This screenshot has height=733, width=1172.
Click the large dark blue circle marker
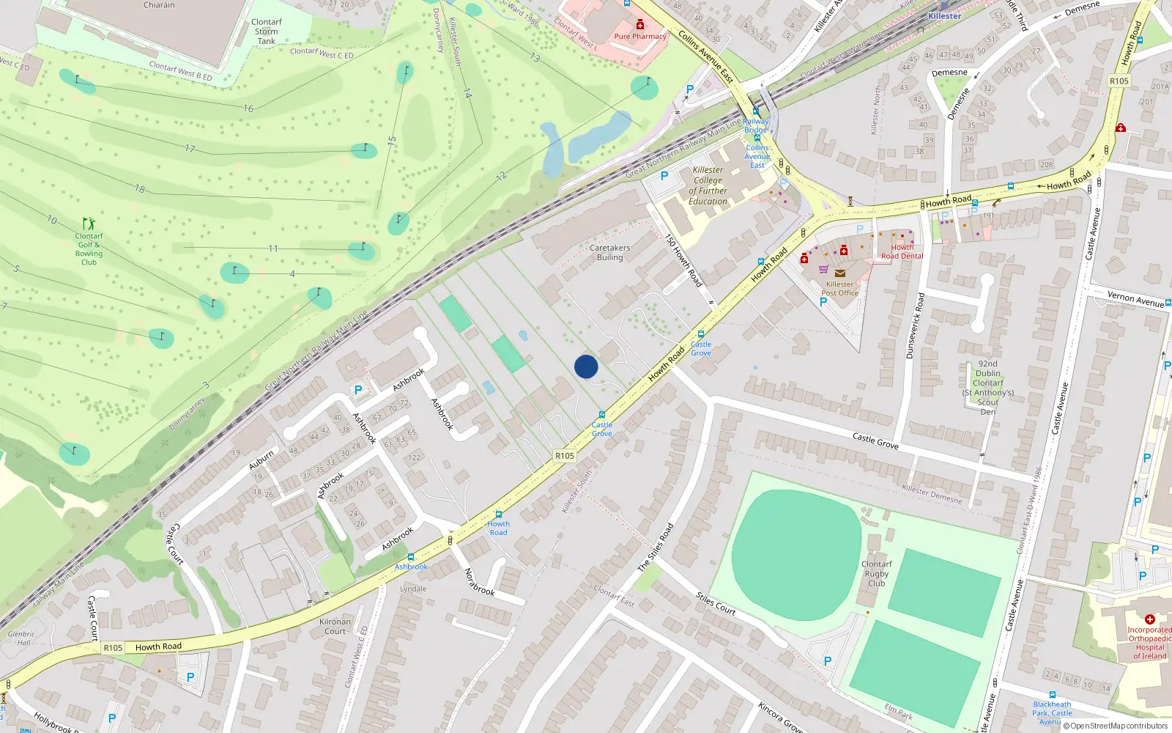[x=586, y=366]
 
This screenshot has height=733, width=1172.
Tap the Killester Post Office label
[x=839, y=289]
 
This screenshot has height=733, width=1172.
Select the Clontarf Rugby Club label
[x=877, y=574]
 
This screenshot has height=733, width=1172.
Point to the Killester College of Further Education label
[x=708, y=185]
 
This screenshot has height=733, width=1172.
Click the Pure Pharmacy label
[x=640, y=36]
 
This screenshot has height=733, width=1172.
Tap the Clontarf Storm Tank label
[x=266, y=32]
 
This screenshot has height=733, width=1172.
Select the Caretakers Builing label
[x=609, y=253]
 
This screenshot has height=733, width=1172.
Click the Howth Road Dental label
[x=902, y=252]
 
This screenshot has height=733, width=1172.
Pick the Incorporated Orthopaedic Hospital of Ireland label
[x=1149, y=643]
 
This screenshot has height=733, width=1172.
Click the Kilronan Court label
[x=335, y=626]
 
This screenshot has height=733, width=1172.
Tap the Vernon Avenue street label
[x=1135, y=298]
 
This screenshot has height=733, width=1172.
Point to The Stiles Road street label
[x=655, y=548]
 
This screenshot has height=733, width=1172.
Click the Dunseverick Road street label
[x=915, y=325]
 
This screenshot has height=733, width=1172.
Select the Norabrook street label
[x=480, y=582]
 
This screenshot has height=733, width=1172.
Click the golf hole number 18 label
[x=139, y=188]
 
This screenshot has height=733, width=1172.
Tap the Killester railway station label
[x=944, y=16]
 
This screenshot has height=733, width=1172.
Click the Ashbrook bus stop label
[x=411, y=567]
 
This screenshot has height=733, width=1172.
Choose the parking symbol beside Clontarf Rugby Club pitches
[x=828, y=660]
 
